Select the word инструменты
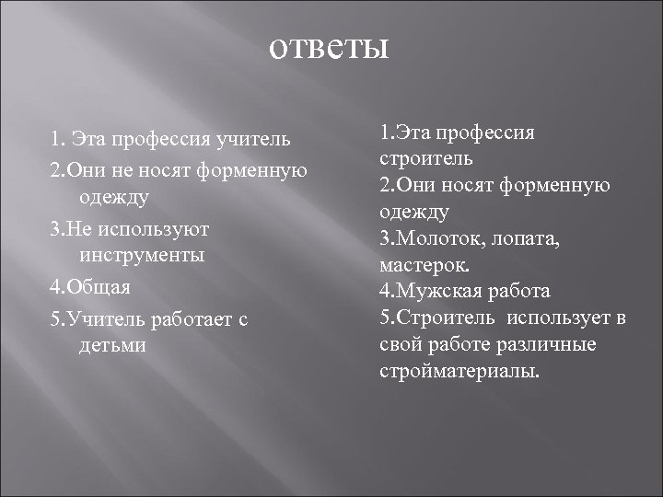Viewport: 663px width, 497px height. click(x=141, y=257)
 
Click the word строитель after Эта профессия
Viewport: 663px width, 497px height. click(x=413, y=158)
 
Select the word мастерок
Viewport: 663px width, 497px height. click(x=425, y=264)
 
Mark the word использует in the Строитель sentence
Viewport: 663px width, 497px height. click(x=555, y=318)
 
